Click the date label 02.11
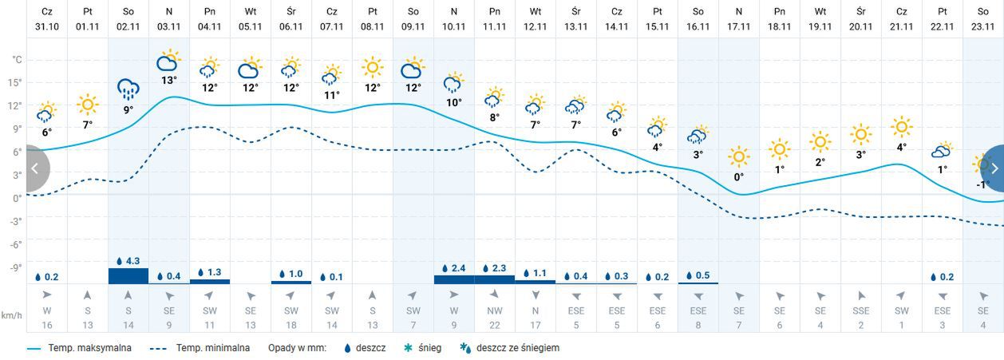128,26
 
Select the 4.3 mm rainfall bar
128,275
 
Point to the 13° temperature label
168,80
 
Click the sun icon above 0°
739,156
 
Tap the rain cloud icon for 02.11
128,89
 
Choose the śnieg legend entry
428,348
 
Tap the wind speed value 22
494,325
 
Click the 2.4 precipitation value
458,268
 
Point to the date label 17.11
739,26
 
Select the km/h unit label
11,315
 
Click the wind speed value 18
291,325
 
